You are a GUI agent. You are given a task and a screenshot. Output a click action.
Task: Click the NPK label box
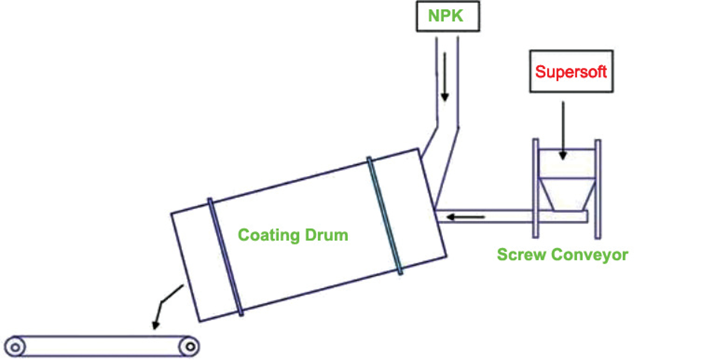448,17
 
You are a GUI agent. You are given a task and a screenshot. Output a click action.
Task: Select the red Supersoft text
571,72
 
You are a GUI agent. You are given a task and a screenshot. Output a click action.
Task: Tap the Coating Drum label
293,235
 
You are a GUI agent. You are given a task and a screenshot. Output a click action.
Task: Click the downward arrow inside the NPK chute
445,77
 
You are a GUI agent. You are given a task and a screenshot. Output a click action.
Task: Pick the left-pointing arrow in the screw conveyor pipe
466,217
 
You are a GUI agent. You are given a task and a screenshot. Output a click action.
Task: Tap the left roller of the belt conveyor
15,347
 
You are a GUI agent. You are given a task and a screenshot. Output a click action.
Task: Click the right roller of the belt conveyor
190,347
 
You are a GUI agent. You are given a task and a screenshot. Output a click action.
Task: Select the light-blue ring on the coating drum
385,216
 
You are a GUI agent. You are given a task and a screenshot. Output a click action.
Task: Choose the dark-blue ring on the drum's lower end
225,257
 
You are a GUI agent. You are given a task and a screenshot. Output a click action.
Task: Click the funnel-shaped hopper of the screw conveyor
567,194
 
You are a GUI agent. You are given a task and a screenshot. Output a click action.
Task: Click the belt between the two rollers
102,346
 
